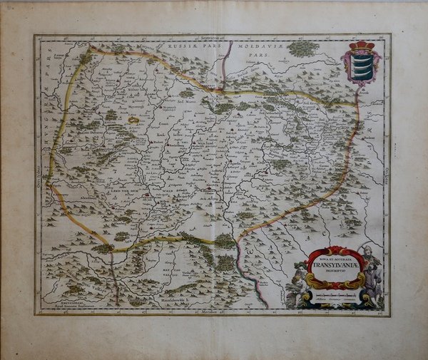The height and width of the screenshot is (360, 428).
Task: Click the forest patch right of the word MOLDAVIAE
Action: [x=304, y=48]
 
